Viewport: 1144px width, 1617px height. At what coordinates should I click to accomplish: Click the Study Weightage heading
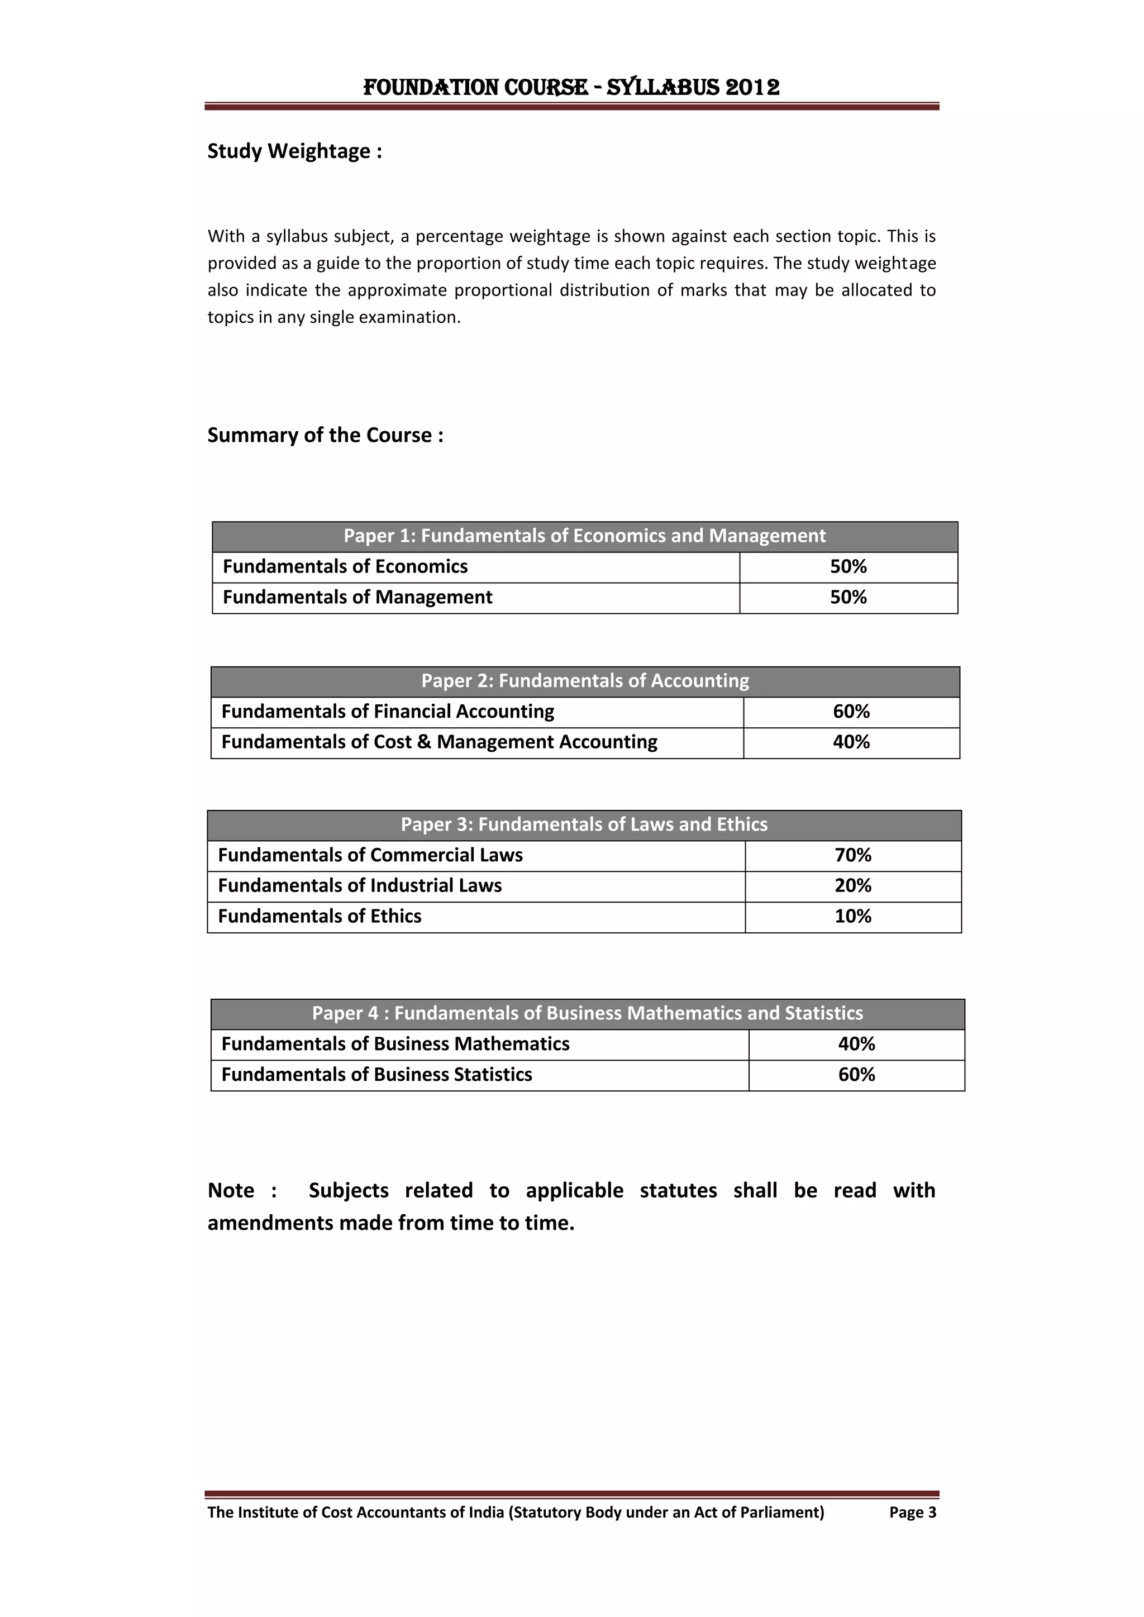pos(294,151)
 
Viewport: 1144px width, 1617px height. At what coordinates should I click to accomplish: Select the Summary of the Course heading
pos(325,435)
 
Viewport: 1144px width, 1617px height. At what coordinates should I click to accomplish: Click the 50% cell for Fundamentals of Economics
pos(847,566)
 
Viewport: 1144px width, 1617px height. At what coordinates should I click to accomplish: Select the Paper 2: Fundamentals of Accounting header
pos(585,681)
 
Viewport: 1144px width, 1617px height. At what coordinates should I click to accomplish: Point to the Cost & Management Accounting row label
pos(439,742)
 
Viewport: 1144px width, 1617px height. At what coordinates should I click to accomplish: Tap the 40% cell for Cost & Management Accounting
pos(851,742)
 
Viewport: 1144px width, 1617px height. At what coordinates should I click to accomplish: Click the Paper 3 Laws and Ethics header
pos(584,825)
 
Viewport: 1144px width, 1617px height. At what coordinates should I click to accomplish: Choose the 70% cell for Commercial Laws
pos(852,855)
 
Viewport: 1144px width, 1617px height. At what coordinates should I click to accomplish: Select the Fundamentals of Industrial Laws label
pos(359,886)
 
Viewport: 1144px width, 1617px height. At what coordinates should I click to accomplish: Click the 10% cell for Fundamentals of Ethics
pos(852,916)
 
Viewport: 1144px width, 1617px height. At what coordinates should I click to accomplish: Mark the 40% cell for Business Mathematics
pos(856,1044)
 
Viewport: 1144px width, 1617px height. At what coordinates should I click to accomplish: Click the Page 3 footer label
pos(912,1512)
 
